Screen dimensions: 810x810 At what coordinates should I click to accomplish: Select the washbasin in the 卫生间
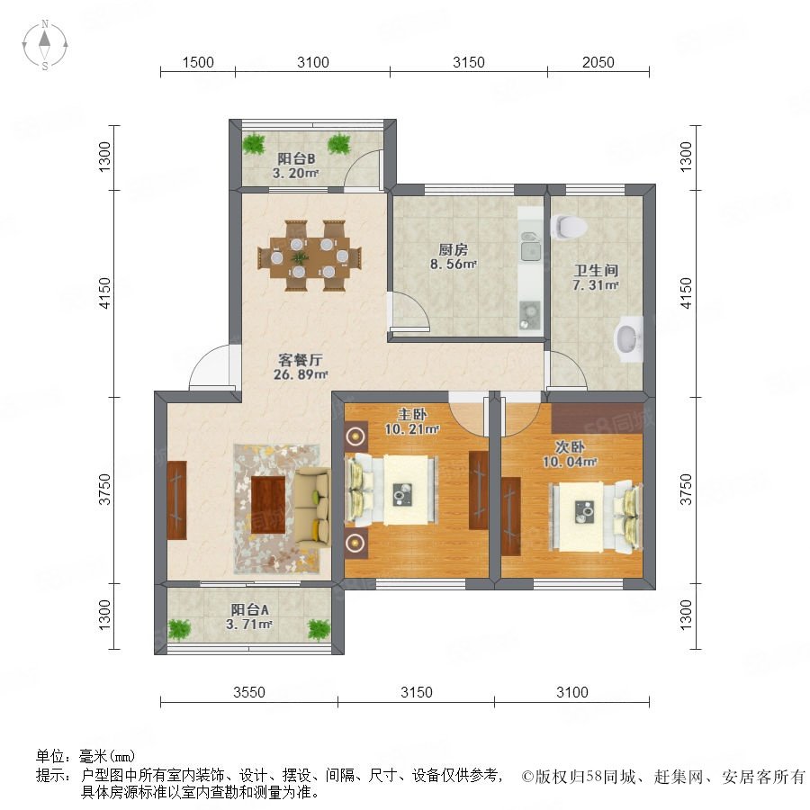pos(628,337)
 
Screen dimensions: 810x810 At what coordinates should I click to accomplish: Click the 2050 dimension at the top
pos(598,62)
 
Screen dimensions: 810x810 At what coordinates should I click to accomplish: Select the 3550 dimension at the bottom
pos(249,692)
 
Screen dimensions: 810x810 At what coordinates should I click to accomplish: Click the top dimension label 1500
pos(198,62)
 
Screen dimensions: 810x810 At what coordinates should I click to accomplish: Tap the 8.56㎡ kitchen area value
pos(454,265)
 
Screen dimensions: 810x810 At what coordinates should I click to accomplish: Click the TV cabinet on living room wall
pos(176,500)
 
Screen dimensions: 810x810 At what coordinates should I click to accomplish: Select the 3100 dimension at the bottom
pos(571,692)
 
